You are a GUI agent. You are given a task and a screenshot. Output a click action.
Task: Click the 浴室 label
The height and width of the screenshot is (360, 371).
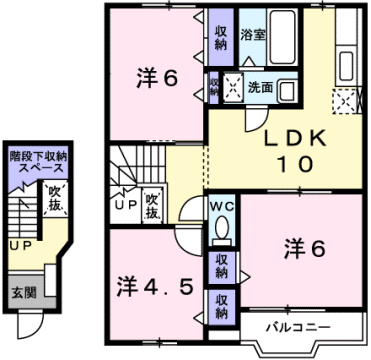point(253,33)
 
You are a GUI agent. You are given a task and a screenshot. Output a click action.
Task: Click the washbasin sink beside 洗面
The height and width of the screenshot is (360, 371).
point(286,88)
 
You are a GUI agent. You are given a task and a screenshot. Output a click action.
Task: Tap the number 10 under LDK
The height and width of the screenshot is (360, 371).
point(292,165)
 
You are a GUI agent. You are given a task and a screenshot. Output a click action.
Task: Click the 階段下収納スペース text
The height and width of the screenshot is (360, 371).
point(36,162)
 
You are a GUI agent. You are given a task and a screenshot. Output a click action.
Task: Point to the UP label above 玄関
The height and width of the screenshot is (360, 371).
point(19,244)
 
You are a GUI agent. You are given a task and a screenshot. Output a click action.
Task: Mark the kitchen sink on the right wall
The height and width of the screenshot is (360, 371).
point(349,64)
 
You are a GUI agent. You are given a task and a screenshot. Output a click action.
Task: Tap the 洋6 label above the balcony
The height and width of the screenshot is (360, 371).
point(304,247)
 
